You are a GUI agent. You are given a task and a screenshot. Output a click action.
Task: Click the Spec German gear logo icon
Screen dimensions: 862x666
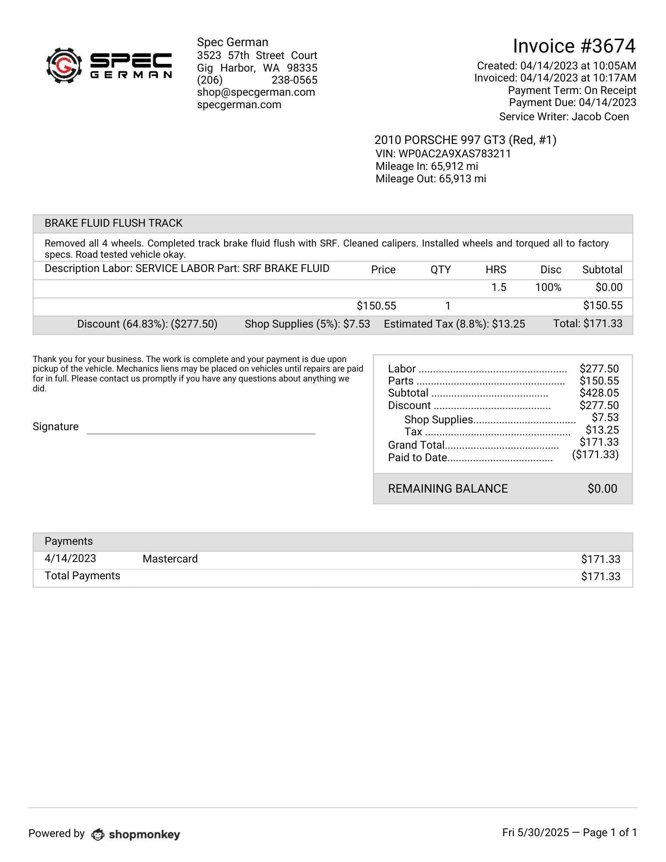[64, 66]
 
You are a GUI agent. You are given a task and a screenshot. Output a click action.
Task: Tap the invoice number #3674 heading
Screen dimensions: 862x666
[574, 46]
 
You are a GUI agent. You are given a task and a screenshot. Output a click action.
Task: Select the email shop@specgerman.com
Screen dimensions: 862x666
[256, 92]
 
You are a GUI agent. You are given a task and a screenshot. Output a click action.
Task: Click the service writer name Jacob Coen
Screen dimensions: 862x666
[600, 117]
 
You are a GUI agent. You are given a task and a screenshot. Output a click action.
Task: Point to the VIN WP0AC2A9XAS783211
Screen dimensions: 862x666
[443, 154]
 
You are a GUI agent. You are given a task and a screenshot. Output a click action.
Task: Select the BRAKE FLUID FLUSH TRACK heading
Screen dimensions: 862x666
[113, 223]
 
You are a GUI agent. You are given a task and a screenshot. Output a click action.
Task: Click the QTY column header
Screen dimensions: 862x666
[440, 270]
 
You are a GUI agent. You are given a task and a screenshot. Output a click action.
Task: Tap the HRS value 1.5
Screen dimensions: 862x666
[499, 287]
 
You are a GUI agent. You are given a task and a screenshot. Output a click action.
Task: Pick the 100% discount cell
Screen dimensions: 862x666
[548, 287]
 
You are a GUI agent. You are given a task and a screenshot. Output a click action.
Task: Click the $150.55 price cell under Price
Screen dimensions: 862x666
[376, 306]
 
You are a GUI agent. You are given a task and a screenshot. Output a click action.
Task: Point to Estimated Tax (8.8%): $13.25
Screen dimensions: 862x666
[454, 324]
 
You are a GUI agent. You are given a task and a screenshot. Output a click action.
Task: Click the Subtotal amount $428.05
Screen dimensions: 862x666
[599, 393]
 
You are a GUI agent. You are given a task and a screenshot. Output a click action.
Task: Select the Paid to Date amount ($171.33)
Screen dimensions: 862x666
[595, 455]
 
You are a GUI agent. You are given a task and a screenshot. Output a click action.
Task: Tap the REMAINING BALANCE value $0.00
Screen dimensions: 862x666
[602, 489]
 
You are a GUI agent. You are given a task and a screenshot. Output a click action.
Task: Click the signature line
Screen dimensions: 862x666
[201, 433]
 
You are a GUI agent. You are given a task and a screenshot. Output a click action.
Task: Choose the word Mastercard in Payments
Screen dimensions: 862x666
[170, 559]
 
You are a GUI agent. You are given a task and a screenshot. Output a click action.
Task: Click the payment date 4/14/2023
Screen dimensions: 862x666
[70, 559]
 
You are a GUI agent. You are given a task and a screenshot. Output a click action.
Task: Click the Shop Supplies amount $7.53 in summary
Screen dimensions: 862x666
[605, 418]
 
